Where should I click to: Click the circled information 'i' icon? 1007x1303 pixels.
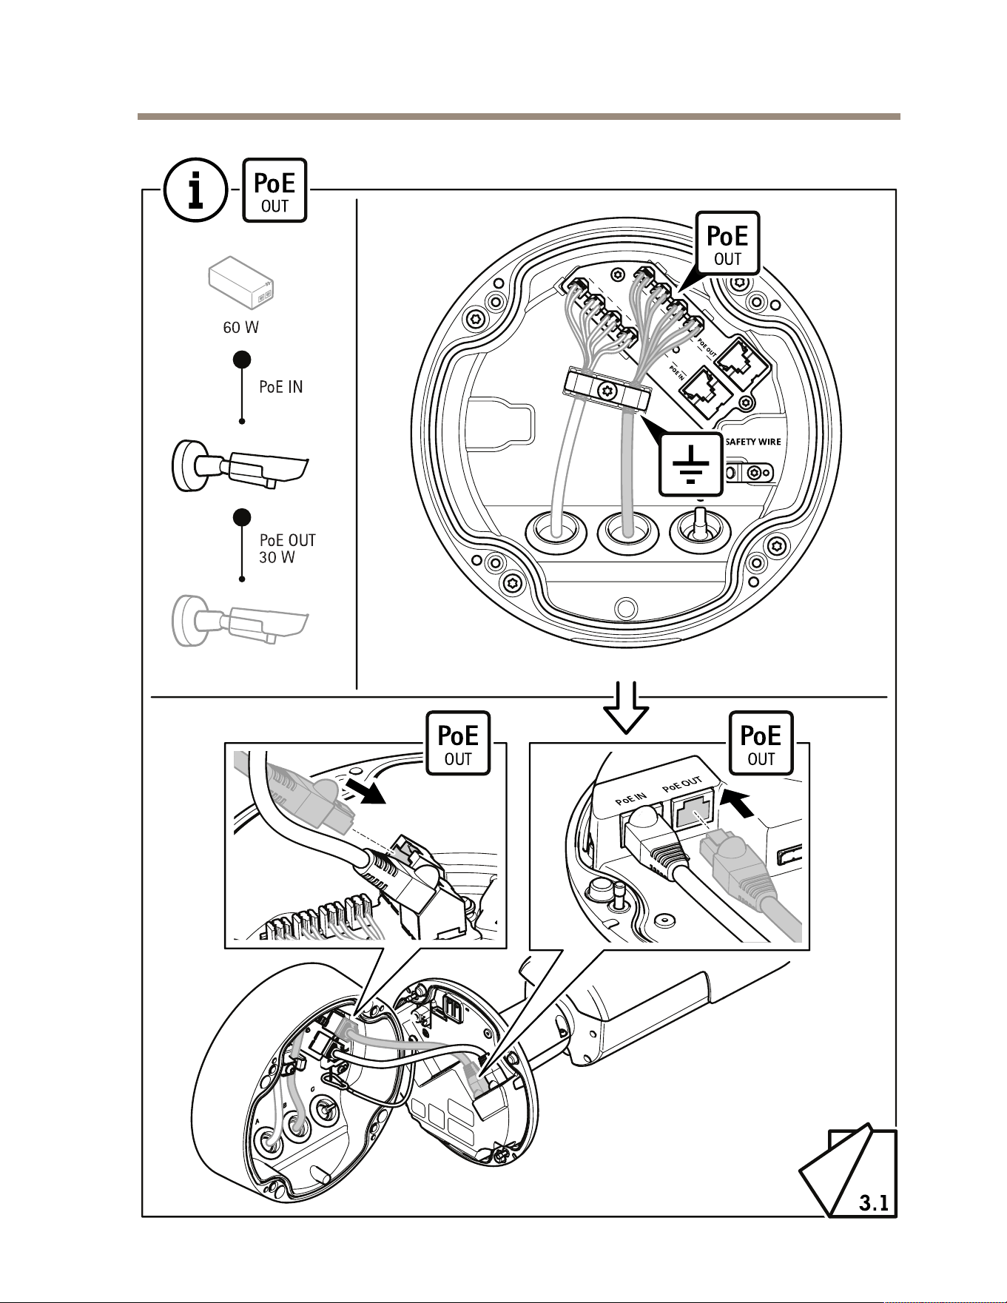click(x=195, y=190)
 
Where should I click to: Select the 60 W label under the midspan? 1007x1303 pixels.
click(x=241, y=327)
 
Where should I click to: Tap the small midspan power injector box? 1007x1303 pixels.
click(x=241, y=283)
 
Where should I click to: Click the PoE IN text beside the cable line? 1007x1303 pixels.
click(x=281, y=387)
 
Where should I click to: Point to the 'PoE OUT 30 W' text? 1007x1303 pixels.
click(x=288, y=549)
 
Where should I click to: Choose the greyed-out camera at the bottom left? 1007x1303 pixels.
click(x=239, y=620)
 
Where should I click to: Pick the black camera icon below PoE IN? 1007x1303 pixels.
click(x=239, y=465)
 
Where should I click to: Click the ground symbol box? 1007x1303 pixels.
click(x=691, y=464)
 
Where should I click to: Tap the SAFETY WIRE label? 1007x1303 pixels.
click(x=752, y=442)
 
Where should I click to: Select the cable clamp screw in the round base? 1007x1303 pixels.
click(x=608, y=389)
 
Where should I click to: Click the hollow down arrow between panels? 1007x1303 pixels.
click(x=626, y=708)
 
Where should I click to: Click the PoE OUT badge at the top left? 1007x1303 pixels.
click(x=275, y=190)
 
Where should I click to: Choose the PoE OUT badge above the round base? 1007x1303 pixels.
click(x=727, y=243)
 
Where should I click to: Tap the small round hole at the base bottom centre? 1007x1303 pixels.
click(x=626, y=608)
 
